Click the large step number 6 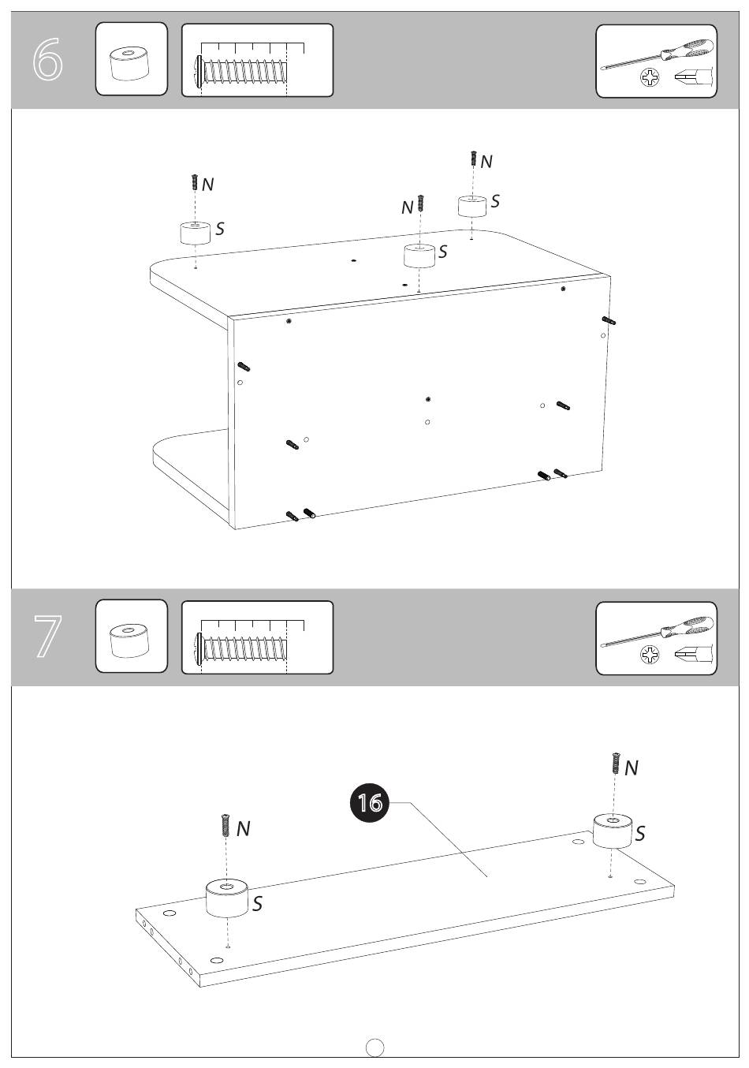47,59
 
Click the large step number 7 47,637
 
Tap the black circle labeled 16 370,803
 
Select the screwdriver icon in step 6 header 657,55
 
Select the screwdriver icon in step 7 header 657,633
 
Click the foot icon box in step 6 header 132,58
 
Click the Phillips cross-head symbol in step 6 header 650,77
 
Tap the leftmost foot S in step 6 196,233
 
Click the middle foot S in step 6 419,256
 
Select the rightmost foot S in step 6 471,206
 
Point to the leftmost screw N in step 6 195,182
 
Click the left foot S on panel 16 227,898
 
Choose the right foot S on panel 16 613,831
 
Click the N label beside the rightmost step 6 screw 486,162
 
